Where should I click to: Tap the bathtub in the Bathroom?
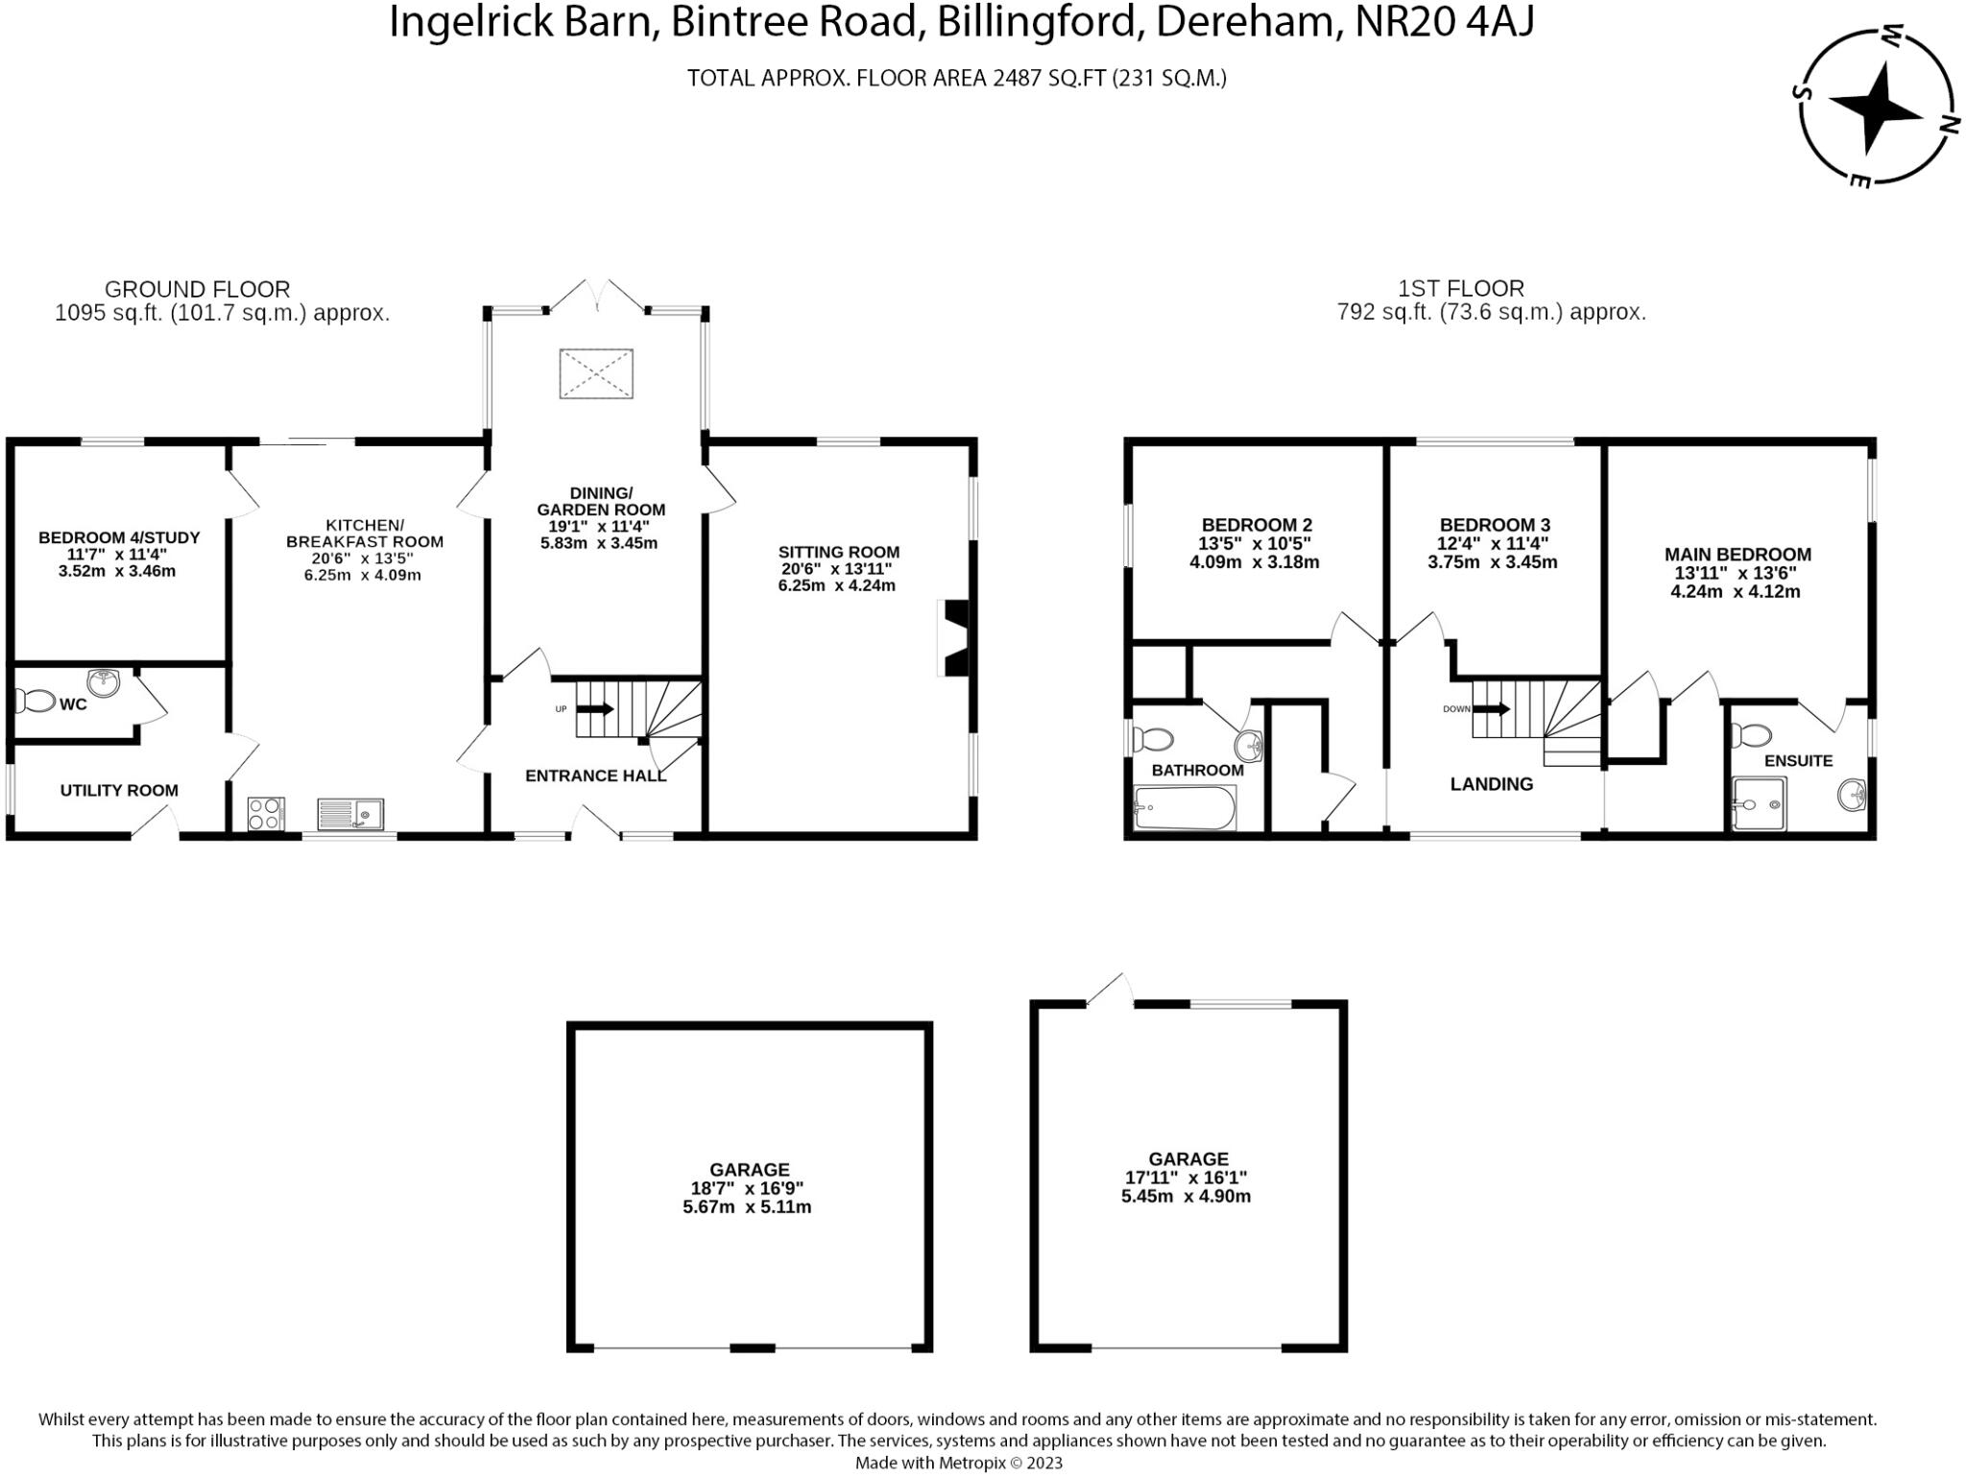point(1185,809)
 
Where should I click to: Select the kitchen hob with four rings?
point(266,814)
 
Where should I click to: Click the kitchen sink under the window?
point(350,814)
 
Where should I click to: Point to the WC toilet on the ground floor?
point(36,702)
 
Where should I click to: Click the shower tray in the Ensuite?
point(1760,803)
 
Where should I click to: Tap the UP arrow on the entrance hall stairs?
point(595,709)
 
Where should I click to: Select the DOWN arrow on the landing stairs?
point(1492,709)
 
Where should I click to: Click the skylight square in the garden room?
point(596,373)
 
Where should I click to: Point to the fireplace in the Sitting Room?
point(956,638)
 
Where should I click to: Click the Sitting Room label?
point(838,552)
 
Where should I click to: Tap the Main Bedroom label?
point(1738,555)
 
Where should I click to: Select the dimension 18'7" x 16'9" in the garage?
point(749,1188)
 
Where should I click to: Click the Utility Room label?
point(119,791)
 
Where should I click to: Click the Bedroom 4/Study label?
point(119,537)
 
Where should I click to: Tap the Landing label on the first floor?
point(1491,784)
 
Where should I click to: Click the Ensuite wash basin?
point(1852,796)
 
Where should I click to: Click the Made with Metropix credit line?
point(959,1463)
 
